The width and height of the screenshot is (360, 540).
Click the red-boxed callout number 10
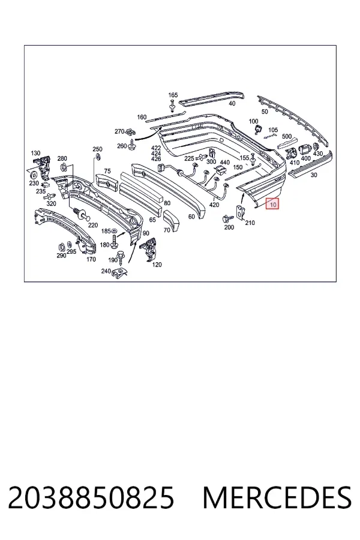[273, 205]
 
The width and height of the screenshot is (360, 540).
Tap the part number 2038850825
[91, 497]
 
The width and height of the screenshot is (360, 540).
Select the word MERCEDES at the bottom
[277, 497]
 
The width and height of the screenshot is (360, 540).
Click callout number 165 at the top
[173, 95]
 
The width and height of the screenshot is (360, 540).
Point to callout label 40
[232, 103]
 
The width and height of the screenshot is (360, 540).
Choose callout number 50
[265, 112]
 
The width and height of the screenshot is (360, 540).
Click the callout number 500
[287, 136]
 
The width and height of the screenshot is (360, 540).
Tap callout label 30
[314, 175]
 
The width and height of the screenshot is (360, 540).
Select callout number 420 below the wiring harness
[214, 205]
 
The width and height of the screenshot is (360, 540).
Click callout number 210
[250, 223]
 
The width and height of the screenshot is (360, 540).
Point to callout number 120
[157, 265]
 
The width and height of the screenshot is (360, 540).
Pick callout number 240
[106, 271]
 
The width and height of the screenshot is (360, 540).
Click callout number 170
[91, 259]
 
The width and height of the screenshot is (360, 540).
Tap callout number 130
[35, 153]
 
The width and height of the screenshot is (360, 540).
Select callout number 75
[107, 171]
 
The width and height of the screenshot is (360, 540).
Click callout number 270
[119, 131]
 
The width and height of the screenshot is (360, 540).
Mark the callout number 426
[156, 159]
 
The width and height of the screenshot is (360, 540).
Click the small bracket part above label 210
[240, 212]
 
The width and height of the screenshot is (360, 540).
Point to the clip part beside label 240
[120, 273]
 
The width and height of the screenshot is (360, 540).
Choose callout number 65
[152, 220]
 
